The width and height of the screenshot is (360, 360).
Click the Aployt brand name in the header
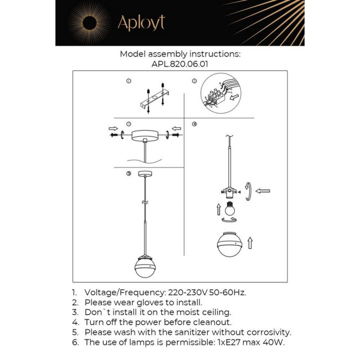tap(141, 23)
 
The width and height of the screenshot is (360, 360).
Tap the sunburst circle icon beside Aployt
tap(89, 23)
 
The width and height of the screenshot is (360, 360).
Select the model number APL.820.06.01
tap(180, 64)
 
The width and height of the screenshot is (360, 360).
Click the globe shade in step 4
tap(229, 244)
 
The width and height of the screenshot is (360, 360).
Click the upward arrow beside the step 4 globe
tap(250, 243)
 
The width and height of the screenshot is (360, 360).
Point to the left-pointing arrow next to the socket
tap(263, 191)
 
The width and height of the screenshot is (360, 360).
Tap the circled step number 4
tap(194, 124)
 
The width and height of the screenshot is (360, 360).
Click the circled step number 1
tap(128, 81)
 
